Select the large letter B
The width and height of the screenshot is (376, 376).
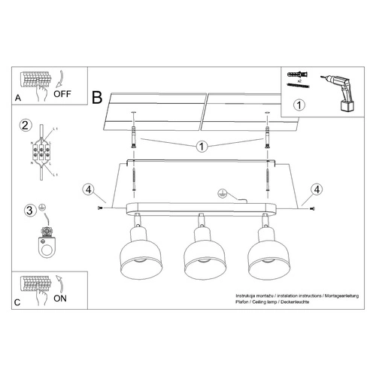[97, 97]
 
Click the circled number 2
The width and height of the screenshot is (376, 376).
[25, 125]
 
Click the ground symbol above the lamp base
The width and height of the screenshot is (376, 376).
[223, 193]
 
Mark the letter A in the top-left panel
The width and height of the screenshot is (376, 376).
[18, 97]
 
